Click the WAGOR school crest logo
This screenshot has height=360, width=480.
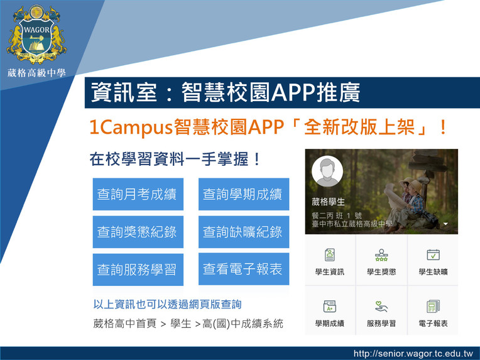36,34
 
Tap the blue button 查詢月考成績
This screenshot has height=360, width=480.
138,194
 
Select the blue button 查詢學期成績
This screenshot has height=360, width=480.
244,194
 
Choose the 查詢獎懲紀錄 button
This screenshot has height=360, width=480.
138,232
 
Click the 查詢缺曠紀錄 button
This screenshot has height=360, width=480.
244,232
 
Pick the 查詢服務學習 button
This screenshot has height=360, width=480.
138,270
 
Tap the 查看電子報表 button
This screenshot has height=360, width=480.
244,269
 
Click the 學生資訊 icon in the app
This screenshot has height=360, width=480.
330,254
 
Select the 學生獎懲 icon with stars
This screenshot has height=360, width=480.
381,255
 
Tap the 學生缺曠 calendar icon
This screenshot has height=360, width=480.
433,254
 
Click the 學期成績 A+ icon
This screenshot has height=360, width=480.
330,307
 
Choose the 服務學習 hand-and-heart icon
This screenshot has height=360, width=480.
381,307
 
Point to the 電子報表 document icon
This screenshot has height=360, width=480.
433,307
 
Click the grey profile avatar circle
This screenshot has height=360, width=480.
327,172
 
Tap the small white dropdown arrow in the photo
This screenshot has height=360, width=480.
445,224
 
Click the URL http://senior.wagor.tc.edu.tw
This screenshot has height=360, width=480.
413,354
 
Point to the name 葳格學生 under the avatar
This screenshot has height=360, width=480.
328,202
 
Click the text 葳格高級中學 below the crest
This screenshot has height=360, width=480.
36,73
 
